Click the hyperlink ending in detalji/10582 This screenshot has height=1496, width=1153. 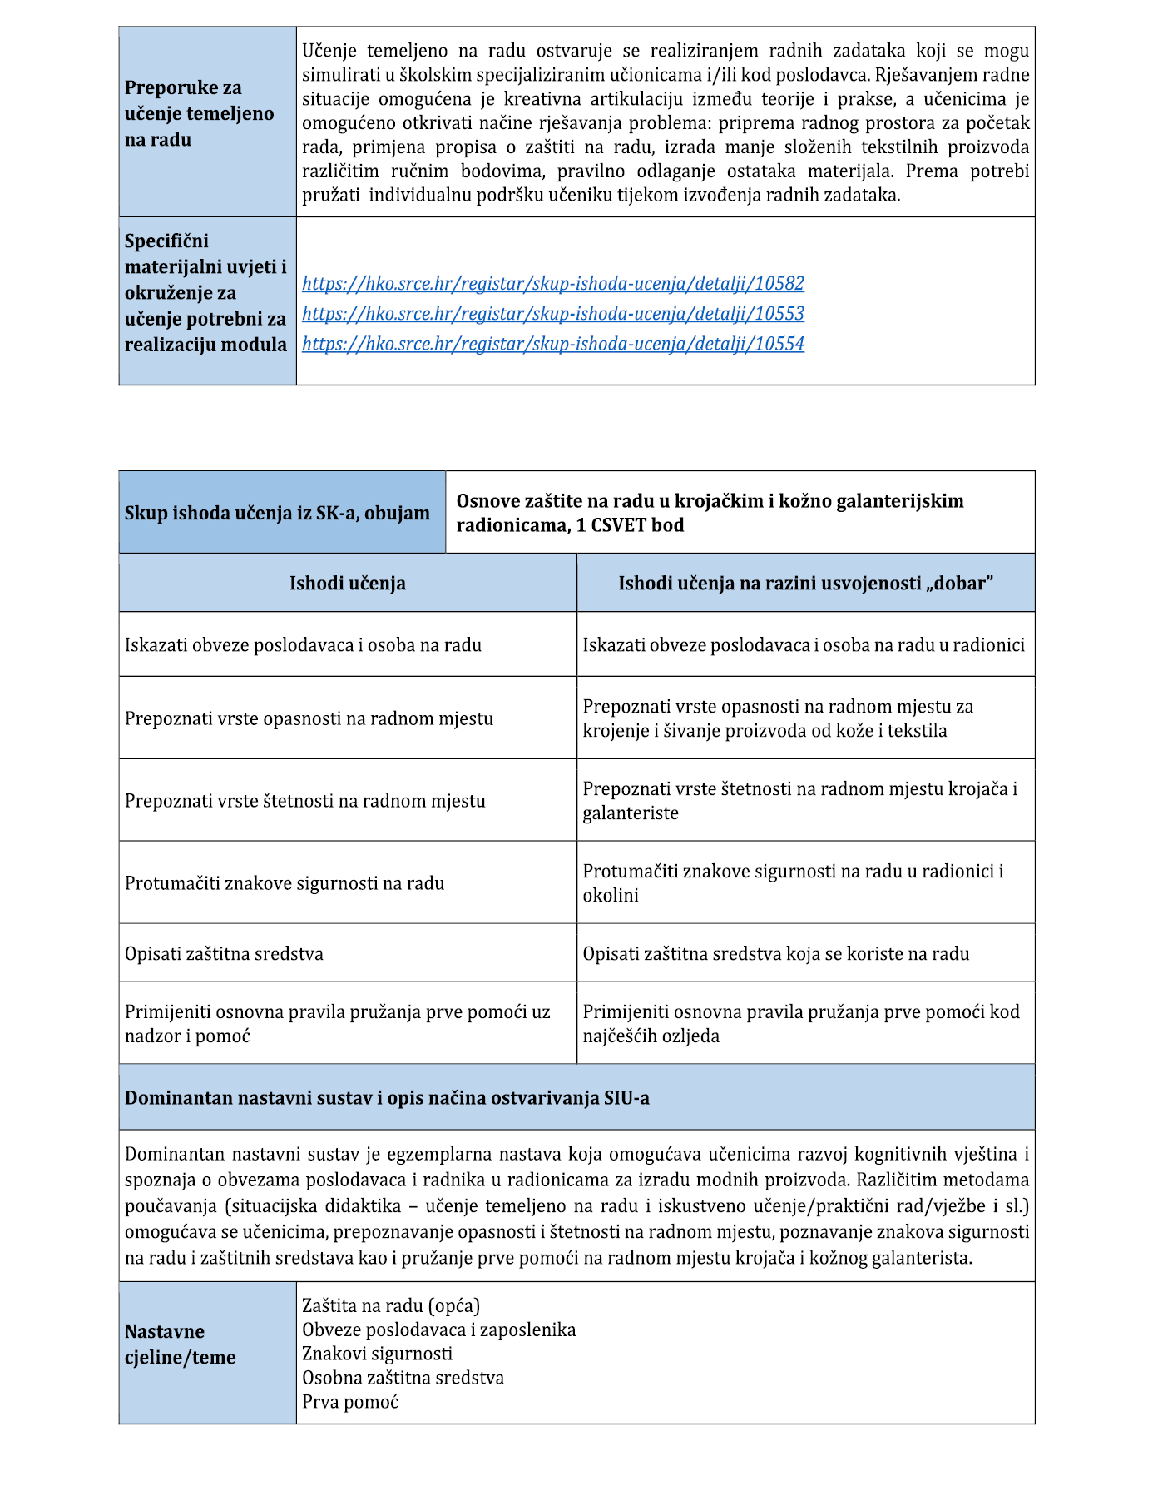point(552,284)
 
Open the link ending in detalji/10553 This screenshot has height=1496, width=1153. point(552,314)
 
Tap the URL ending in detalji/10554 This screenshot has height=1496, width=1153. point(552,344)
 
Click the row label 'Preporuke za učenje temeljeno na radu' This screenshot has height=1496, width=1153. point(199,114)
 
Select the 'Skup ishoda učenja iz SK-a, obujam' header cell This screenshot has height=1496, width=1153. point(277,513)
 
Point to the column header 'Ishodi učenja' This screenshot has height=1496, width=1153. point(347,584)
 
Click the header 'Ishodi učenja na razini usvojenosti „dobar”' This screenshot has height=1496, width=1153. point(805,584)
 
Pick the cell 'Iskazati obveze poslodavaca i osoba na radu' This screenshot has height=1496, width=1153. point(303,645)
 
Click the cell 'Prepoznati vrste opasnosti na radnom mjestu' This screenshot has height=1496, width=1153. point(309,718)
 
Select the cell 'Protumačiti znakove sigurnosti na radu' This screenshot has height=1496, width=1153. point(285,883)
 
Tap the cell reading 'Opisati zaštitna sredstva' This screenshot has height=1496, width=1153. point(224,954)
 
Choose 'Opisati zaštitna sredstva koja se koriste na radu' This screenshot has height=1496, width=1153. point(775,954)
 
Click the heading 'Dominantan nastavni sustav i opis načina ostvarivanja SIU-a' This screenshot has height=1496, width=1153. point(387,1098)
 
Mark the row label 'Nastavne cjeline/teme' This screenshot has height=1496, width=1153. point(181,1344)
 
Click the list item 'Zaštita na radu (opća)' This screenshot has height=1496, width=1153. point(391,1305)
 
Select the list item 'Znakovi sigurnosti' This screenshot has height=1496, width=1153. point(377,1354)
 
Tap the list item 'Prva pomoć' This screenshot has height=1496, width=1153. point(350,1402)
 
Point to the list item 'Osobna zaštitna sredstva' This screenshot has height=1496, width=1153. point(403,1378)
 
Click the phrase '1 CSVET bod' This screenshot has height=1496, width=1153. point(630,526)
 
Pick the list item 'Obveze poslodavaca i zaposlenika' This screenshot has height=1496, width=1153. point(438,1330)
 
